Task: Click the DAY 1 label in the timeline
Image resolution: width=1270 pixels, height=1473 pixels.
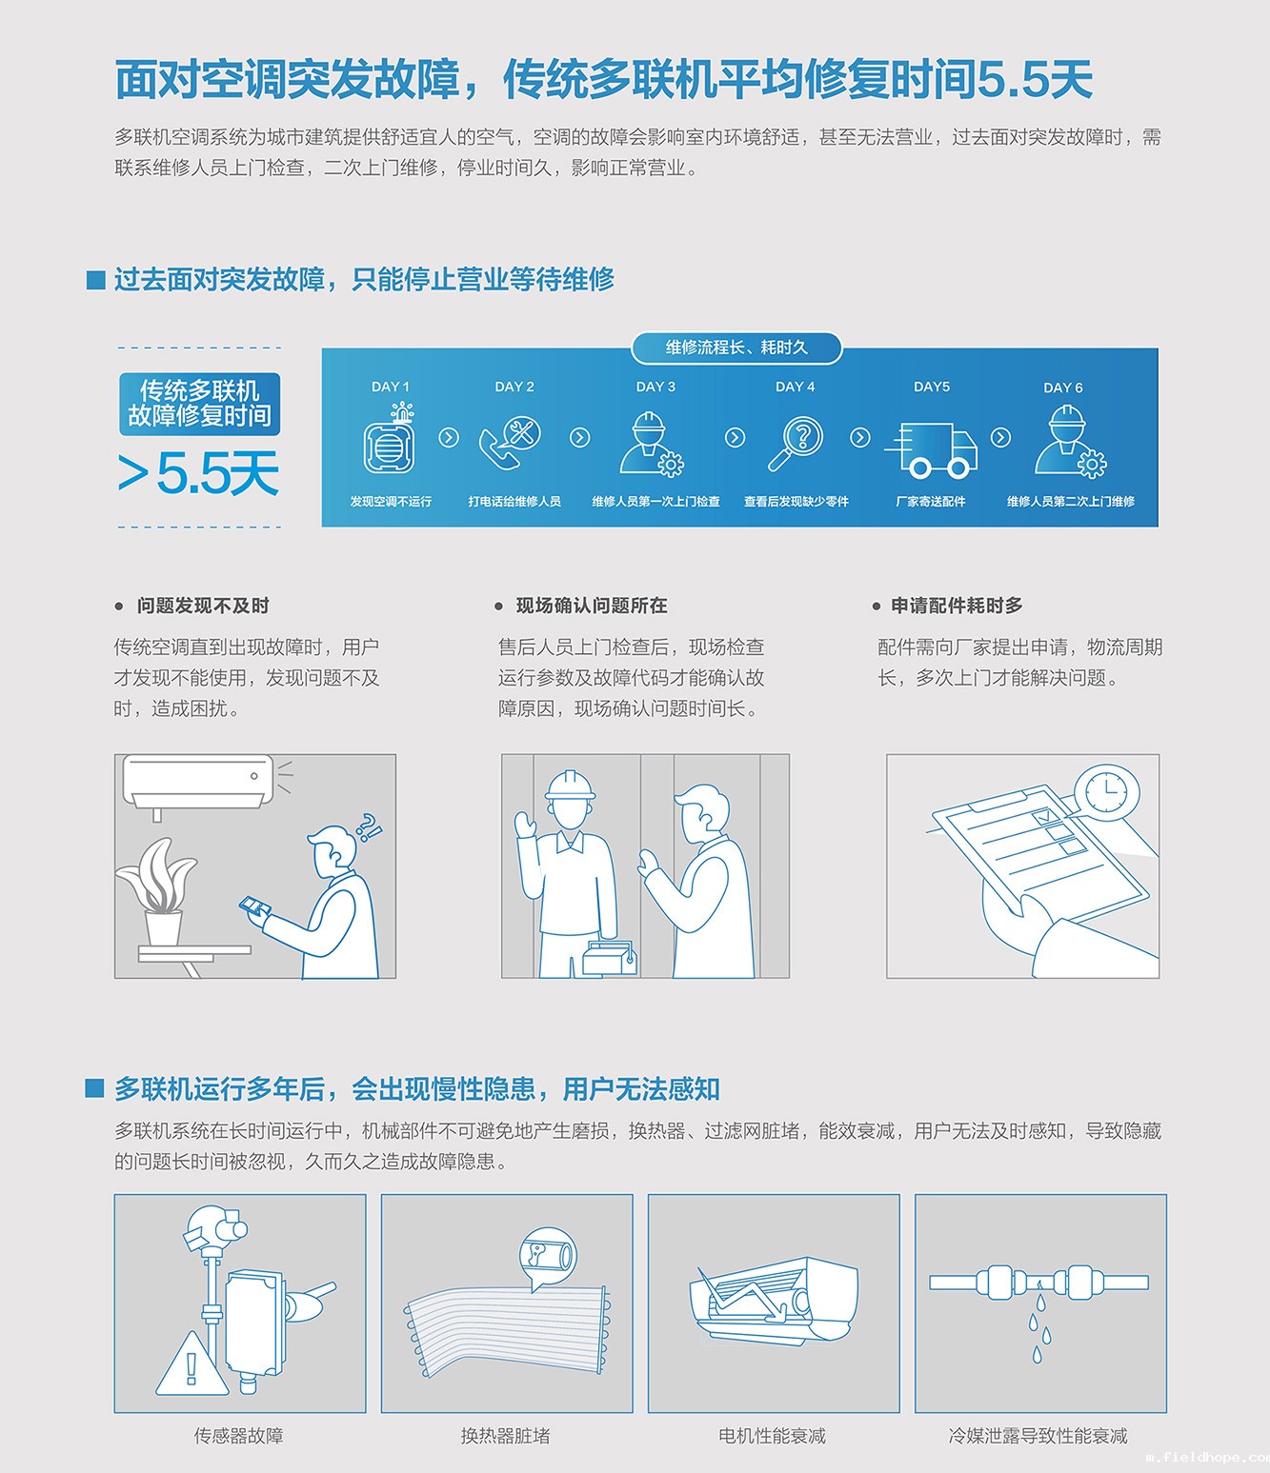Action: [390, 387]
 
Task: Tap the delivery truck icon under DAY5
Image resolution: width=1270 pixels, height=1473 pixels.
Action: [931, 449]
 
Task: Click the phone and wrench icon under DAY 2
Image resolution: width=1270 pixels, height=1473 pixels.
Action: [510, 443]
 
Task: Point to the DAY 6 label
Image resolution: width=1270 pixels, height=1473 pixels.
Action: [1062, 388]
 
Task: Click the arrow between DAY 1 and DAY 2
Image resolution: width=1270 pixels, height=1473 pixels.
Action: [449, 437]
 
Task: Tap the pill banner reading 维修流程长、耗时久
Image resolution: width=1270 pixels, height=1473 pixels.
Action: [736, 348]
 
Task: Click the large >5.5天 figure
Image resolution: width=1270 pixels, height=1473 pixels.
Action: [198, 473]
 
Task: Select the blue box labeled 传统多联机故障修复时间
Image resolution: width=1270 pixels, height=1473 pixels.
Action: [200, 404]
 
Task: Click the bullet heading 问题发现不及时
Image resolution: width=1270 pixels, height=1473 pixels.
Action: [203, 606]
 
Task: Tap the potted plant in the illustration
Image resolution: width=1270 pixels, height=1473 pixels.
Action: [158, 891]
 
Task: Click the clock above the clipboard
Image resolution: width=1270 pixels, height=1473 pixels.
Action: [1107, 793]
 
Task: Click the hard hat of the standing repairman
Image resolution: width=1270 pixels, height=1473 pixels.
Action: [570, 786]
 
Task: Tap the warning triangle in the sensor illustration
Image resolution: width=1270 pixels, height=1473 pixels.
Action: [192, 1364]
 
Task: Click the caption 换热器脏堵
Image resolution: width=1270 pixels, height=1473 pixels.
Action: [506, 1435]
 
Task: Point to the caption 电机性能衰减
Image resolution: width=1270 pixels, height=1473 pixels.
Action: [773, 1435]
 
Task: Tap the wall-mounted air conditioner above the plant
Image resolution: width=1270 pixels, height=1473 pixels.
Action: [198, 782]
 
